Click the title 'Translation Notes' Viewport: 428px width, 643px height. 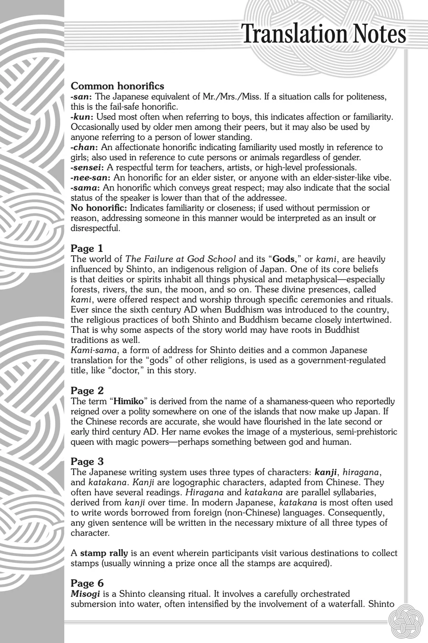(324, 34)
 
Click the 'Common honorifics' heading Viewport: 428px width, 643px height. (117, 86)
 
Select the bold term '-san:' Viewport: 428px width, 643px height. (81, 97)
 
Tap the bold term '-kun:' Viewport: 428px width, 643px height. (81, 117)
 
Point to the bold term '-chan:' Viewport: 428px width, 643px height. (84, 147)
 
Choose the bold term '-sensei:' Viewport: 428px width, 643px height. (88, 167)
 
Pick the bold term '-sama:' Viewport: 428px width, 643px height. (85, 188)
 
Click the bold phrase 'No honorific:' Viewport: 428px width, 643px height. (99, 208)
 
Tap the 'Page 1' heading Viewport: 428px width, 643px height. (87, 248)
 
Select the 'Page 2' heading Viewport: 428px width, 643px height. (87, 391)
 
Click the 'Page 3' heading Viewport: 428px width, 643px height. (87, 461)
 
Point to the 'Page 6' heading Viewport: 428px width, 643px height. (87, 583)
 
